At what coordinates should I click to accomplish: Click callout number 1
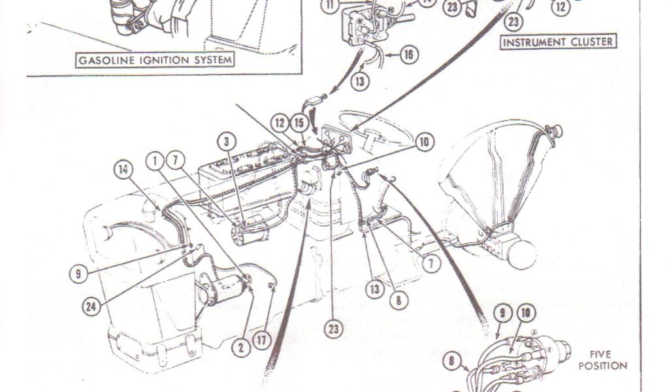(155, 160)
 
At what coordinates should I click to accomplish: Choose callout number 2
(242, 348)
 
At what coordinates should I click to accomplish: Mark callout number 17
(263, 340)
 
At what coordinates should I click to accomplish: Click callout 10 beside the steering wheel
(425, 141)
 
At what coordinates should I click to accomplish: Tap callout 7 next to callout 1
(174, 160)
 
